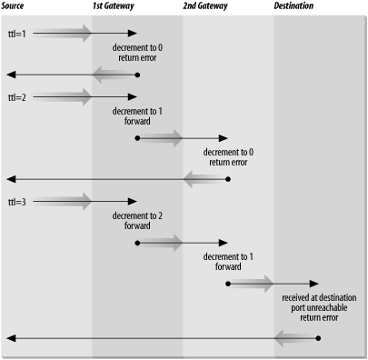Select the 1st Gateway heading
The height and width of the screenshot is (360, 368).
pos(113,6)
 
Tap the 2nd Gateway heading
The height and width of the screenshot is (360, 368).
pos(205,6)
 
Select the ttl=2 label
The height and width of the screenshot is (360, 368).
pos(16,95)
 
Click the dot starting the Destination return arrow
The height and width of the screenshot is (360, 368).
pos(318,337)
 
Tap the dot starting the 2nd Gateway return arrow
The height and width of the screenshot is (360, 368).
pos(227,178)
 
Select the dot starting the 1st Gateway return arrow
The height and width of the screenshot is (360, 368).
pos(136,75)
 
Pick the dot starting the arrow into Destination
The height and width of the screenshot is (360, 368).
pos(227,284)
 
